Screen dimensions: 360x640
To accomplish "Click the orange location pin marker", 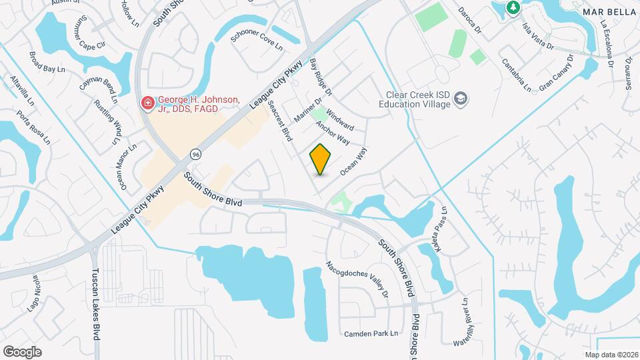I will [x=320, y=159].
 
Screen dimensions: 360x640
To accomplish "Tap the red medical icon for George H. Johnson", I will [x=146, y=104].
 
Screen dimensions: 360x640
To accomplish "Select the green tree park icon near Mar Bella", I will [x=513, y=7].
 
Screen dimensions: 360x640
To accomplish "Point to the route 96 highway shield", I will [x=195, y=154].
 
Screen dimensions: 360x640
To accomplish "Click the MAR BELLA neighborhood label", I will [x=607, y=12].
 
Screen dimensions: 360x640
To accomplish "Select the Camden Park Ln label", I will [x=371, y=333].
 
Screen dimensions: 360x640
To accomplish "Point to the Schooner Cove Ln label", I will [x=257, y=41].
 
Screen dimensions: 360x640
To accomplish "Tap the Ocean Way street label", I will [x=354, y=162].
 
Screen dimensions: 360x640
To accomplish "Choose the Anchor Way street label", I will [x=333, y=133].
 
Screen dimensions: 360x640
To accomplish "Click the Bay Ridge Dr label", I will [x=321, y=77].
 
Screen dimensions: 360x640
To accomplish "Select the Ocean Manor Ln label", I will [x=129, y=167].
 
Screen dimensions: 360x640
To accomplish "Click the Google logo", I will [x=22, y=351].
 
